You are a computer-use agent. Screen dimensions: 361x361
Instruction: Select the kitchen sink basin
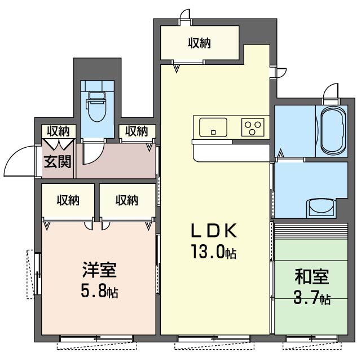[213, 127]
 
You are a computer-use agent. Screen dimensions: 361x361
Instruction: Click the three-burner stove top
[253, 127]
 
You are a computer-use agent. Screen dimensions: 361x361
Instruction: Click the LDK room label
[214, 231]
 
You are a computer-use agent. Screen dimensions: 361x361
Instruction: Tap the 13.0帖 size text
[214, 252]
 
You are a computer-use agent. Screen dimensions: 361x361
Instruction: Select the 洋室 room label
[99, 270]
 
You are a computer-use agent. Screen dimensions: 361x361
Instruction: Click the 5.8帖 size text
[99, 290]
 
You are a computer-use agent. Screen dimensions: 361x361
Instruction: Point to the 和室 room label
[312, 276]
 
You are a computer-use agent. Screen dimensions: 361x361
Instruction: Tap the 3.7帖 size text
[312, 297]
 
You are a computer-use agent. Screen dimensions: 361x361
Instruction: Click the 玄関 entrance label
[58, 161]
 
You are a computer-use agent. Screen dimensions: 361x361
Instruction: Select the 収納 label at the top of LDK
[200, 43]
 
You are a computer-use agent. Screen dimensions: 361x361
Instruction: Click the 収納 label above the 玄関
[58, 131]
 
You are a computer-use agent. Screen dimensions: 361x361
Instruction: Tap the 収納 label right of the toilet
[137, 131]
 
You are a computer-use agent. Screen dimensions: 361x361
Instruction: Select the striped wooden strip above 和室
[311, 231]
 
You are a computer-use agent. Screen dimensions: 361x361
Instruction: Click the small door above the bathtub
[331, 91]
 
